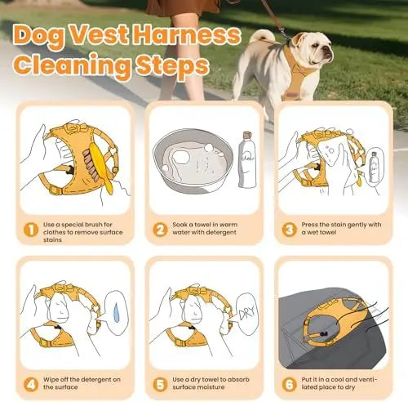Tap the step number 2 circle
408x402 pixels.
point(159,229)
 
